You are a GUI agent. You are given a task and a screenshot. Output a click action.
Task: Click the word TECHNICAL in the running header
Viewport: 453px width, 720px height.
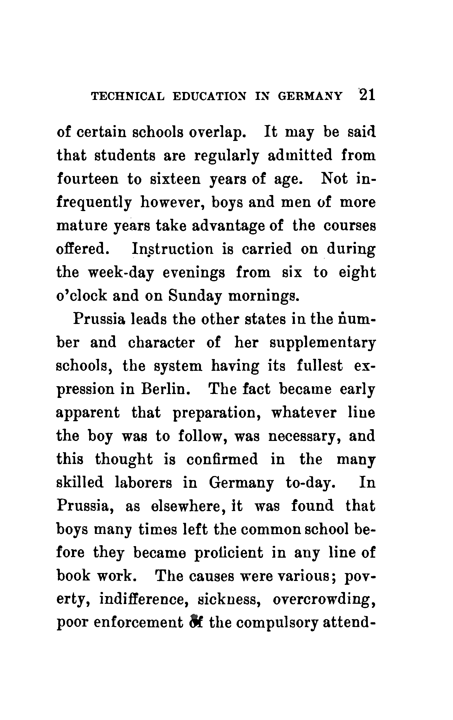coord(127,96)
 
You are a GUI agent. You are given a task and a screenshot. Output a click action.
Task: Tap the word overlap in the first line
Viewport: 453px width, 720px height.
coord(217,133)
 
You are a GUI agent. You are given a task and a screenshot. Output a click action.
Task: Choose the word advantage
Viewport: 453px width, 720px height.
coord(228,226)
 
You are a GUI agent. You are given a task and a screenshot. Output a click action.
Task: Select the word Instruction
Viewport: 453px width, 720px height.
coord(173,249)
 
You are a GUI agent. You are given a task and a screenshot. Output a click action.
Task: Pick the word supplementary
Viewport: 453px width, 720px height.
coord(322,343)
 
